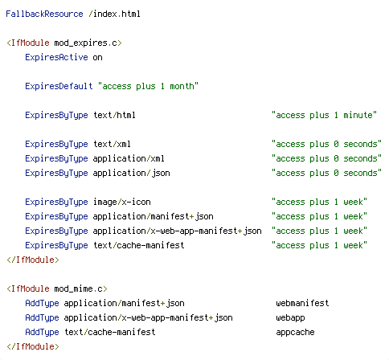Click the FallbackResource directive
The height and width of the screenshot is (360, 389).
click(x=44, y=14)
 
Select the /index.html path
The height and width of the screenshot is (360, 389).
click(x=114, y=14)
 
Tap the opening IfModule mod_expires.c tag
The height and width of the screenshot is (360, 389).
click(x=64, y=43)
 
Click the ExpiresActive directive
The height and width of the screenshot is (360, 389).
click(x=56, y=57)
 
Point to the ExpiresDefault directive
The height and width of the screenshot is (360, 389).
click(x=59, y=86)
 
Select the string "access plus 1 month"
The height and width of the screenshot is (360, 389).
click(x=148, y=86)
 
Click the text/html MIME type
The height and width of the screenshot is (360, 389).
click(x=114, y=115)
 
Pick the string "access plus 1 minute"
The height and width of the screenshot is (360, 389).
click(x=324, y=115)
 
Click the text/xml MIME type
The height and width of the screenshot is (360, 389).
click(x=112, y=144)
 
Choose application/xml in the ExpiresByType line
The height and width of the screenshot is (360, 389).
click(x=129, y=158)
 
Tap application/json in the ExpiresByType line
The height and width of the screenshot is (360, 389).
click(x=132, y=173)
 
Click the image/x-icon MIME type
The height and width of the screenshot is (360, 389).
click(x=122, y=202)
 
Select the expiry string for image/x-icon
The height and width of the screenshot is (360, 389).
click(x=319, y=202)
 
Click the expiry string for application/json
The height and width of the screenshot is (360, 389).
click(x=326, y=173)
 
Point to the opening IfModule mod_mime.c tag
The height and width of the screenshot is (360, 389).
click(x=57, y=288)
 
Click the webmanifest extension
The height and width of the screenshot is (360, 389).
click(x=302, y=303)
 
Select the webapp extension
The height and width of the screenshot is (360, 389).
click(x=290, y=318)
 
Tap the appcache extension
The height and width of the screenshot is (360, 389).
click(x=295, y=333)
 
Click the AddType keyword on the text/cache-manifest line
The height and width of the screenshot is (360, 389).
click(x=42, y=333)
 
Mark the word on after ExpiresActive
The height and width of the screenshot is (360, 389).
click(x=98, y=58)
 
